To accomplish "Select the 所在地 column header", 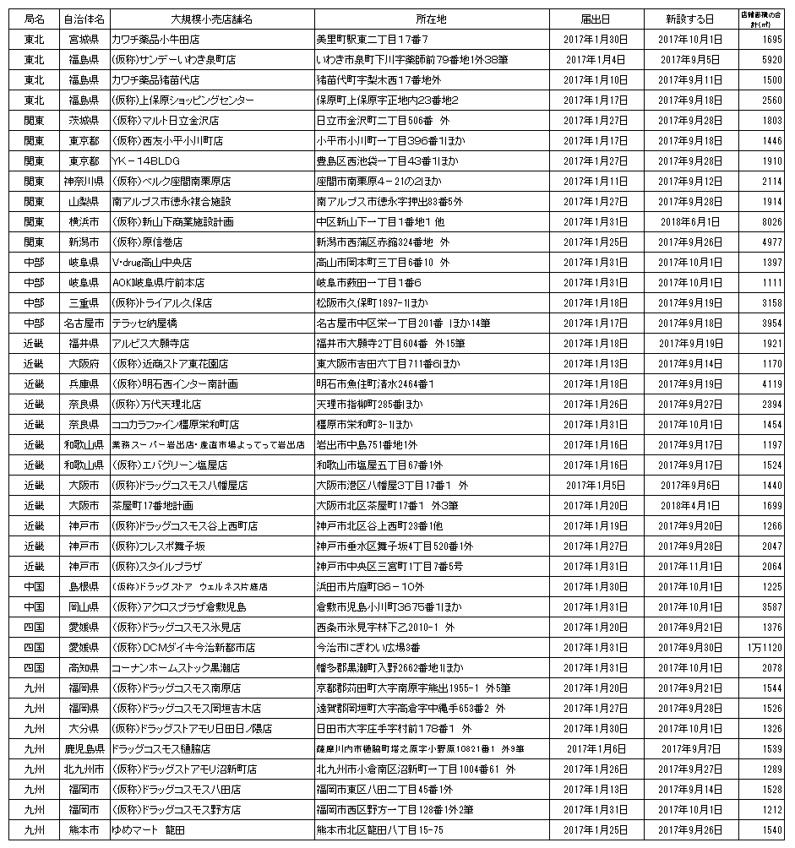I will pos(430,18).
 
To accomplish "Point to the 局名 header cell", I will pos(35,18).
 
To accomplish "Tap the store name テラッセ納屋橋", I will pos(144,323).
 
